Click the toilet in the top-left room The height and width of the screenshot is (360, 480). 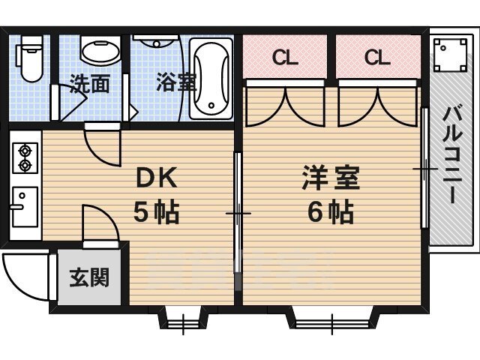(29, 58)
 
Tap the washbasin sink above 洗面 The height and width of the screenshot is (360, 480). (100, 50)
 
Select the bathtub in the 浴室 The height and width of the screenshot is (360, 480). (211, 79)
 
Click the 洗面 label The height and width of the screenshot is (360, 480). (89, 83)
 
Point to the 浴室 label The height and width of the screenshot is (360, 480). (176, 82)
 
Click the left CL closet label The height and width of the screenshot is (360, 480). (285, 57)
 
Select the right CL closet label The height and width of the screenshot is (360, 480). (377, 57)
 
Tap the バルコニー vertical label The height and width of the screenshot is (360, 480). (452, 154)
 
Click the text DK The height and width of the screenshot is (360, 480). (157, 178)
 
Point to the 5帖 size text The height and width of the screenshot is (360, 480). (156, 211)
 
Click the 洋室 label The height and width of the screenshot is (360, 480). (331, 178)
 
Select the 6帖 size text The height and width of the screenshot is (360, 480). (331, 211)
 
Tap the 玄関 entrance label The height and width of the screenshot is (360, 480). (89, 277)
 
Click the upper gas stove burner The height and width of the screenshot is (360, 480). (25, 151)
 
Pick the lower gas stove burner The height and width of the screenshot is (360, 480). (25, 165)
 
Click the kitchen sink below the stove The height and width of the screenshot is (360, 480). (25, 207)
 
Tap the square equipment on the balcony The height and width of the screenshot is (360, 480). (451, 55)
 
